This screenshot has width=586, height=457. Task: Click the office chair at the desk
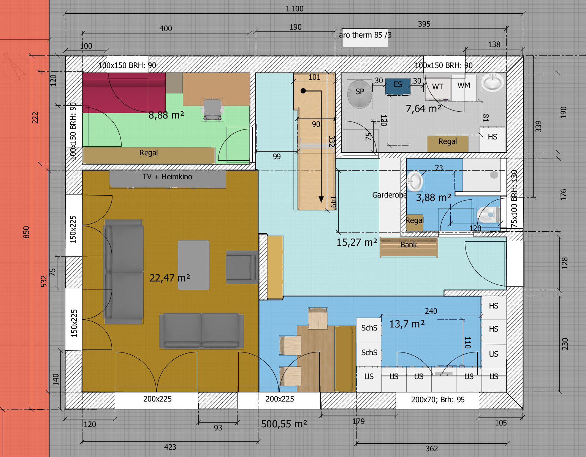click(x=212, y=110)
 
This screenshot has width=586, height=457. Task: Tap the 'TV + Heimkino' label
click(x=167, y=177)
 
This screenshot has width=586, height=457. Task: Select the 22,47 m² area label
click(x=170, y=278)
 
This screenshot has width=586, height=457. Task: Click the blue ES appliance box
click(x=398, y=86)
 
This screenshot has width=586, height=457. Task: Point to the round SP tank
click(x=360, y=94)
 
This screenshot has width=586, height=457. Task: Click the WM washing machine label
click(x=464, y=85)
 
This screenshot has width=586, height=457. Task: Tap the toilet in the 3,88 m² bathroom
click(x=488, y=215)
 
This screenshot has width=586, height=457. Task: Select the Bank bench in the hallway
click(x=409, y=247)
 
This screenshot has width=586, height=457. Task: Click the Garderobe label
click(x=390, y=195)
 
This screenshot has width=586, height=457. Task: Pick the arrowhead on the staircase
click(x=321, y=199)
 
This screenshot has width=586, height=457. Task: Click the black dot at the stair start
click(x=303, y=91)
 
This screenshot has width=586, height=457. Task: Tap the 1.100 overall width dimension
click(x=294, y=9)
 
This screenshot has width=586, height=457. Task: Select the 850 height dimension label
click(x=26, y=232)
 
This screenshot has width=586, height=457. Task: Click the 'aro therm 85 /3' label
click(x=365, y=35)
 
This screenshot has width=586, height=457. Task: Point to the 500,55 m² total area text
click(x=284, y=424)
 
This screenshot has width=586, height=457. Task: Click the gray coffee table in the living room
click(x=194, y=265)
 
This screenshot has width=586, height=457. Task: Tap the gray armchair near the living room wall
click(x=242, y=267)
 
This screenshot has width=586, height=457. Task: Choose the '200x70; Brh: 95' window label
click(x=438, y=400)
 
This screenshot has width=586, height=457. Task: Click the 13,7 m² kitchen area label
click(x=407, y=324)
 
